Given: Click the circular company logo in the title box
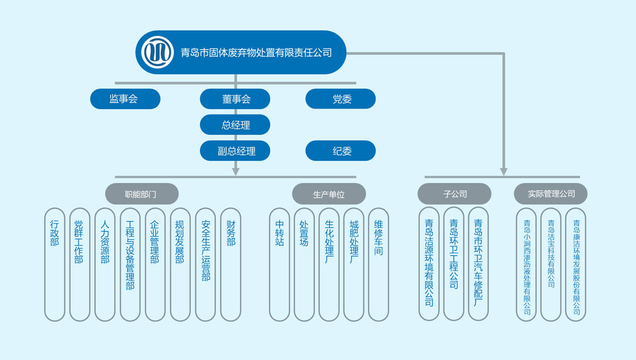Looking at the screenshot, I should point(158,52).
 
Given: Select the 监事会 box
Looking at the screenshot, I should point(125,99).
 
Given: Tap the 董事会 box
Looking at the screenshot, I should point(235,99).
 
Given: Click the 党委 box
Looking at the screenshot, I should point(341,99).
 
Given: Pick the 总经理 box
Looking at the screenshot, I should point(235,125).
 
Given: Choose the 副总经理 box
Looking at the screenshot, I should point(235,151).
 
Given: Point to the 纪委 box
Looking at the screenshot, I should point(341,151).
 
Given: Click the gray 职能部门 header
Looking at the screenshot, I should point(141,194).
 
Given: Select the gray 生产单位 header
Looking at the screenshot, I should point(329,194).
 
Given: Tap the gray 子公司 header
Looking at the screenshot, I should point(454,194).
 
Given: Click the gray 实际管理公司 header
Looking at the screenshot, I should point(551,194).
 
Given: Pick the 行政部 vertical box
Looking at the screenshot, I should point(55,264).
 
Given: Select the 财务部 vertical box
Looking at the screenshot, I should point(231,264).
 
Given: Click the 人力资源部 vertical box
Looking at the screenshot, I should point(105,264).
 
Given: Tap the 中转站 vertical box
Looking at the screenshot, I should point(280,264).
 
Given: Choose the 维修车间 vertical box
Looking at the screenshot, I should point(379,264).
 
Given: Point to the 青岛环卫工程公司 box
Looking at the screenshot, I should point(454,264).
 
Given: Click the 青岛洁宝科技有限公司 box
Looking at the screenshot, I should point(551,264).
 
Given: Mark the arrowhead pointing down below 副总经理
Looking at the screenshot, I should point(236,171).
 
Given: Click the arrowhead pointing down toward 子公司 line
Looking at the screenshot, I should point(504,172).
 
